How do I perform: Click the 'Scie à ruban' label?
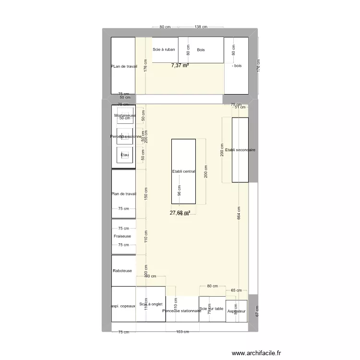[x=164, y=49]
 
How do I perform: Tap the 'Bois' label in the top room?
[x=201, y=49]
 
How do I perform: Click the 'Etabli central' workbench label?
[x=183, y=171]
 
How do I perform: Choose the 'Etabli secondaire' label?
[x=240, y=150]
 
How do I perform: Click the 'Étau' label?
[x=125, y=155]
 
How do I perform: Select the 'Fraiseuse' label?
[x=122, y=236]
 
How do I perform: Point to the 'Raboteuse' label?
[x=122, y=271]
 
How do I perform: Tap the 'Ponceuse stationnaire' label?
[x=182, y=311]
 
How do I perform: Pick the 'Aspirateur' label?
[x=237, y=311]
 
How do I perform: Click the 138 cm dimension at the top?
[x=201, y=27]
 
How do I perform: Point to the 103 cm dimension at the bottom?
[x=182, y=332]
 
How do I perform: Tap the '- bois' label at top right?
[x=236, y=66]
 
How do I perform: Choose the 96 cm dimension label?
[x=180, y=191]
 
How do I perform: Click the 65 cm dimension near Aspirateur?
[x=236, y=290]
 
